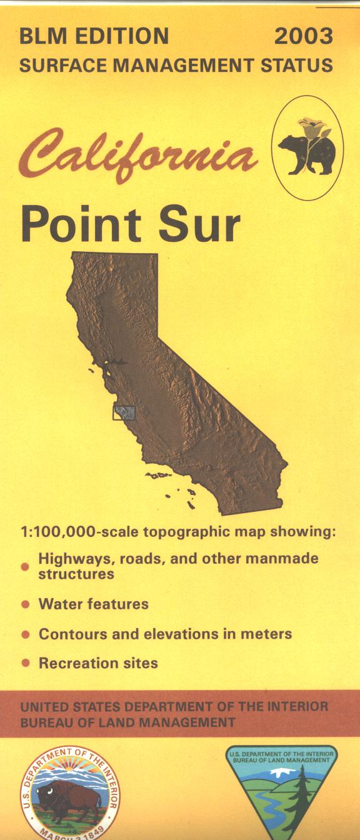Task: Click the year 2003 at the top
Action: coord(304,36)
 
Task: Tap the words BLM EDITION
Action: coord(94,36)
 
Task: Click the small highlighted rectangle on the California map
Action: coord(123,412)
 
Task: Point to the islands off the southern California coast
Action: coord(172,484)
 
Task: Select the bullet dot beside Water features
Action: coord(25,605)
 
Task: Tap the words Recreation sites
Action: coord(98,663)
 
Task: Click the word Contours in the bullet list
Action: coord(70,634)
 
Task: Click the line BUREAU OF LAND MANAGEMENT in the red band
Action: coord(127,722)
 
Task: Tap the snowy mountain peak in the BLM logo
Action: coord(280,773)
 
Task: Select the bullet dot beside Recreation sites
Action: coord(25,664)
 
